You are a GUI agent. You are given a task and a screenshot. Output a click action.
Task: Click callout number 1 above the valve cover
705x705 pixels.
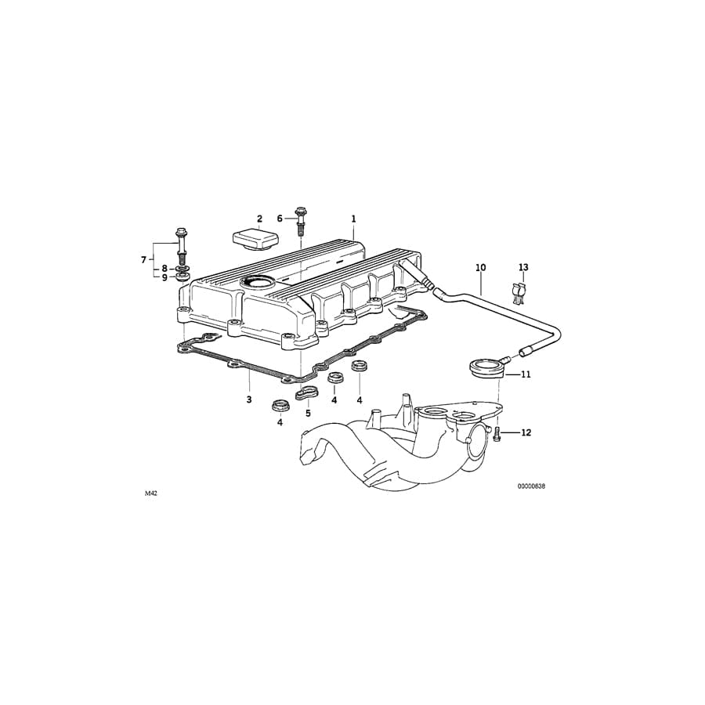353,219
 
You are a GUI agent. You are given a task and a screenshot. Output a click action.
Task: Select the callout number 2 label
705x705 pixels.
259,219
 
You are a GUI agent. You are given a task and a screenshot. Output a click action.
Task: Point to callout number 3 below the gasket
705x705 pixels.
249,399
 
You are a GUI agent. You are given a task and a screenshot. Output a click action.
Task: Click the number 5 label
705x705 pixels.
308,413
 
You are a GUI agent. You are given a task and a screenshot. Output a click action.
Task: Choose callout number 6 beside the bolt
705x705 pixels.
280,219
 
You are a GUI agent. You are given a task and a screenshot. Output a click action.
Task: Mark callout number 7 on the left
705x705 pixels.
144,258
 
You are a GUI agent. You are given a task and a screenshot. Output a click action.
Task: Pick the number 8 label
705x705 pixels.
164,268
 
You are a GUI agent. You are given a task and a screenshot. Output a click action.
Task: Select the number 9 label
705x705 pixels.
164,277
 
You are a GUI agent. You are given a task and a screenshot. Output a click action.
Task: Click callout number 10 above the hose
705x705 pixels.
480,268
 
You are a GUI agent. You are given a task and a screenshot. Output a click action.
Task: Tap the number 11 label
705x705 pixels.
526,374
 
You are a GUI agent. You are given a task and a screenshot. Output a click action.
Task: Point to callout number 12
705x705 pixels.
526,432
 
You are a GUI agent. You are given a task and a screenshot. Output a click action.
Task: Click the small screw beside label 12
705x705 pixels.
497,433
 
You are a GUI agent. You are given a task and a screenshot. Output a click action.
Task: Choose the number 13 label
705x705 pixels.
523,268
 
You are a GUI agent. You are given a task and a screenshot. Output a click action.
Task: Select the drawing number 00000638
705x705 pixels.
530,486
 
